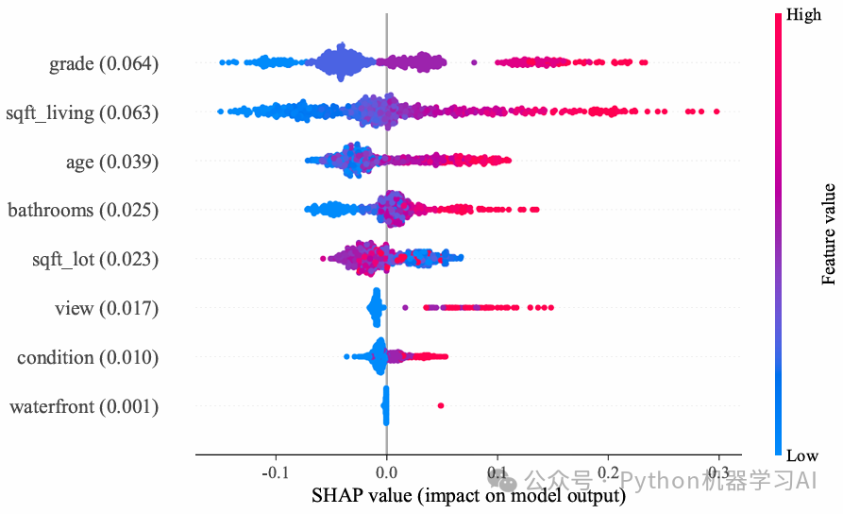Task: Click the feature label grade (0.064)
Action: (104, 64)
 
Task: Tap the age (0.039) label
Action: (111, 163)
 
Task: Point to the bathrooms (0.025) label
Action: (83, 210)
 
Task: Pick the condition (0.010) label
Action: (88, 357)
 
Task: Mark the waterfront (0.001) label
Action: (84, 407)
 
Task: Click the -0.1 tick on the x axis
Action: (275, 472)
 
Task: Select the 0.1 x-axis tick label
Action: (497, 472)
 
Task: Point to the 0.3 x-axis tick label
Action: (719, 472)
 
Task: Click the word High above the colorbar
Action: (803, 15)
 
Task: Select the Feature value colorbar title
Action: (829, 233)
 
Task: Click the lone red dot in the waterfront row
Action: (441, 405)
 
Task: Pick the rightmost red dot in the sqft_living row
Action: (717, 111)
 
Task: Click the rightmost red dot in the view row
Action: (551, 308)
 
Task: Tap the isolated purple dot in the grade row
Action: (474, 63)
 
